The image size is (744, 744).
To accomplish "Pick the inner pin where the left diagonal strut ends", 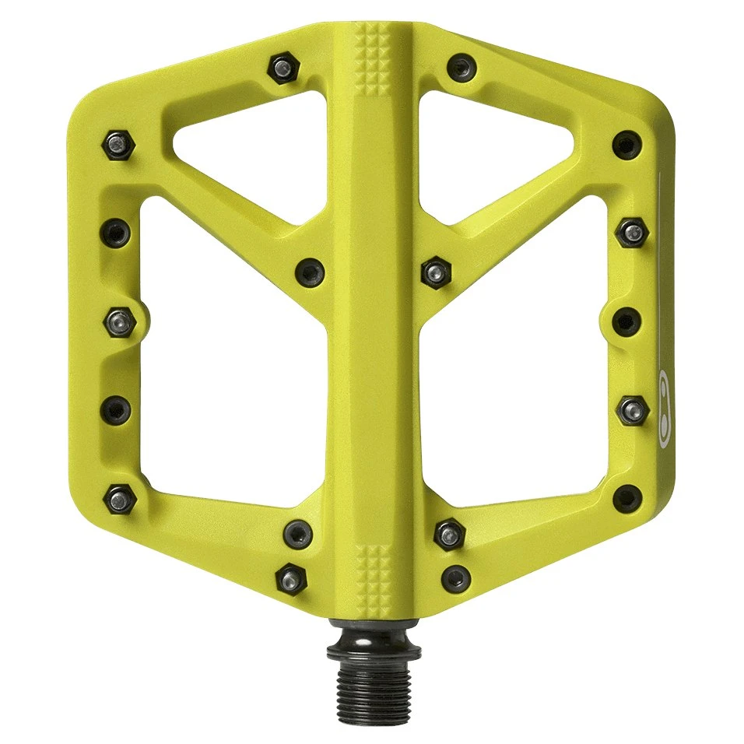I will click(310, 270).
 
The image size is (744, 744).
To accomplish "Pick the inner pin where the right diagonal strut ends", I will click(434, 272).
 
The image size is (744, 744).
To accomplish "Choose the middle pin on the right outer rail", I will click(627, 320).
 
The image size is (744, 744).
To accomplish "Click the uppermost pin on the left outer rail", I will click(117, 142).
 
